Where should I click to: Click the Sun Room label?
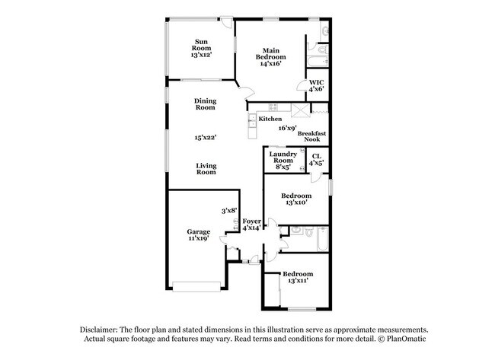[201, 47]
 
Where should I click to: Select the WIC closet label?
[315, 85]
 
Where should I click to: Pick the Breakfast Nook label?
[312, 136]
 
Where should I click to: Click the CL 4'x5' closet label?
[317, 159]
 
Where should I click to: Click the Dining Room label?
[205, 104]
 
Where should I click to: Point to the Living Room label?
[206, 169]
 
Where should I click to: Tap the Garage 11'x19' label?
[199, 234]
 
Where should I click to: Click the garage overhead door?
[197, 287]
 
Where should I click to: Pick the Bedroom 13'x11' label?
[297, 277]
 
